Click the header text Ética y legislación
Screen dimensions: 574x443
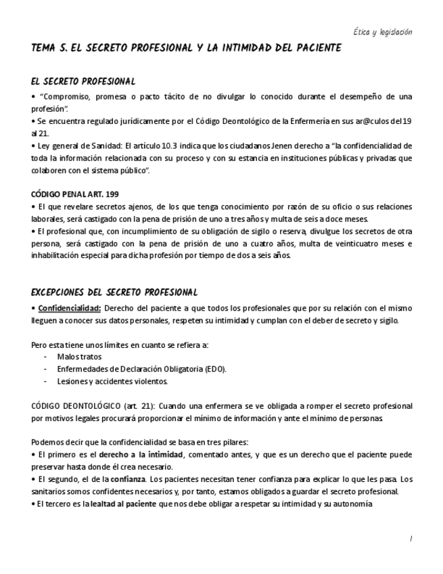pyautogui.click(x=383, y=32)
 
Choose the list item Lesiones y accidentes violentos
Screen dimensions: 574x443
pyautogui.click(x=112, y=381)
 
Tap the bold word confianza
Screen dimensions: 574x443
pyautogui.click(x=129, y=479)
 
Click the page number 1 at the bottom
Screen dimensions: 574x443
pyautogui.click(x=410, y=539)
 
